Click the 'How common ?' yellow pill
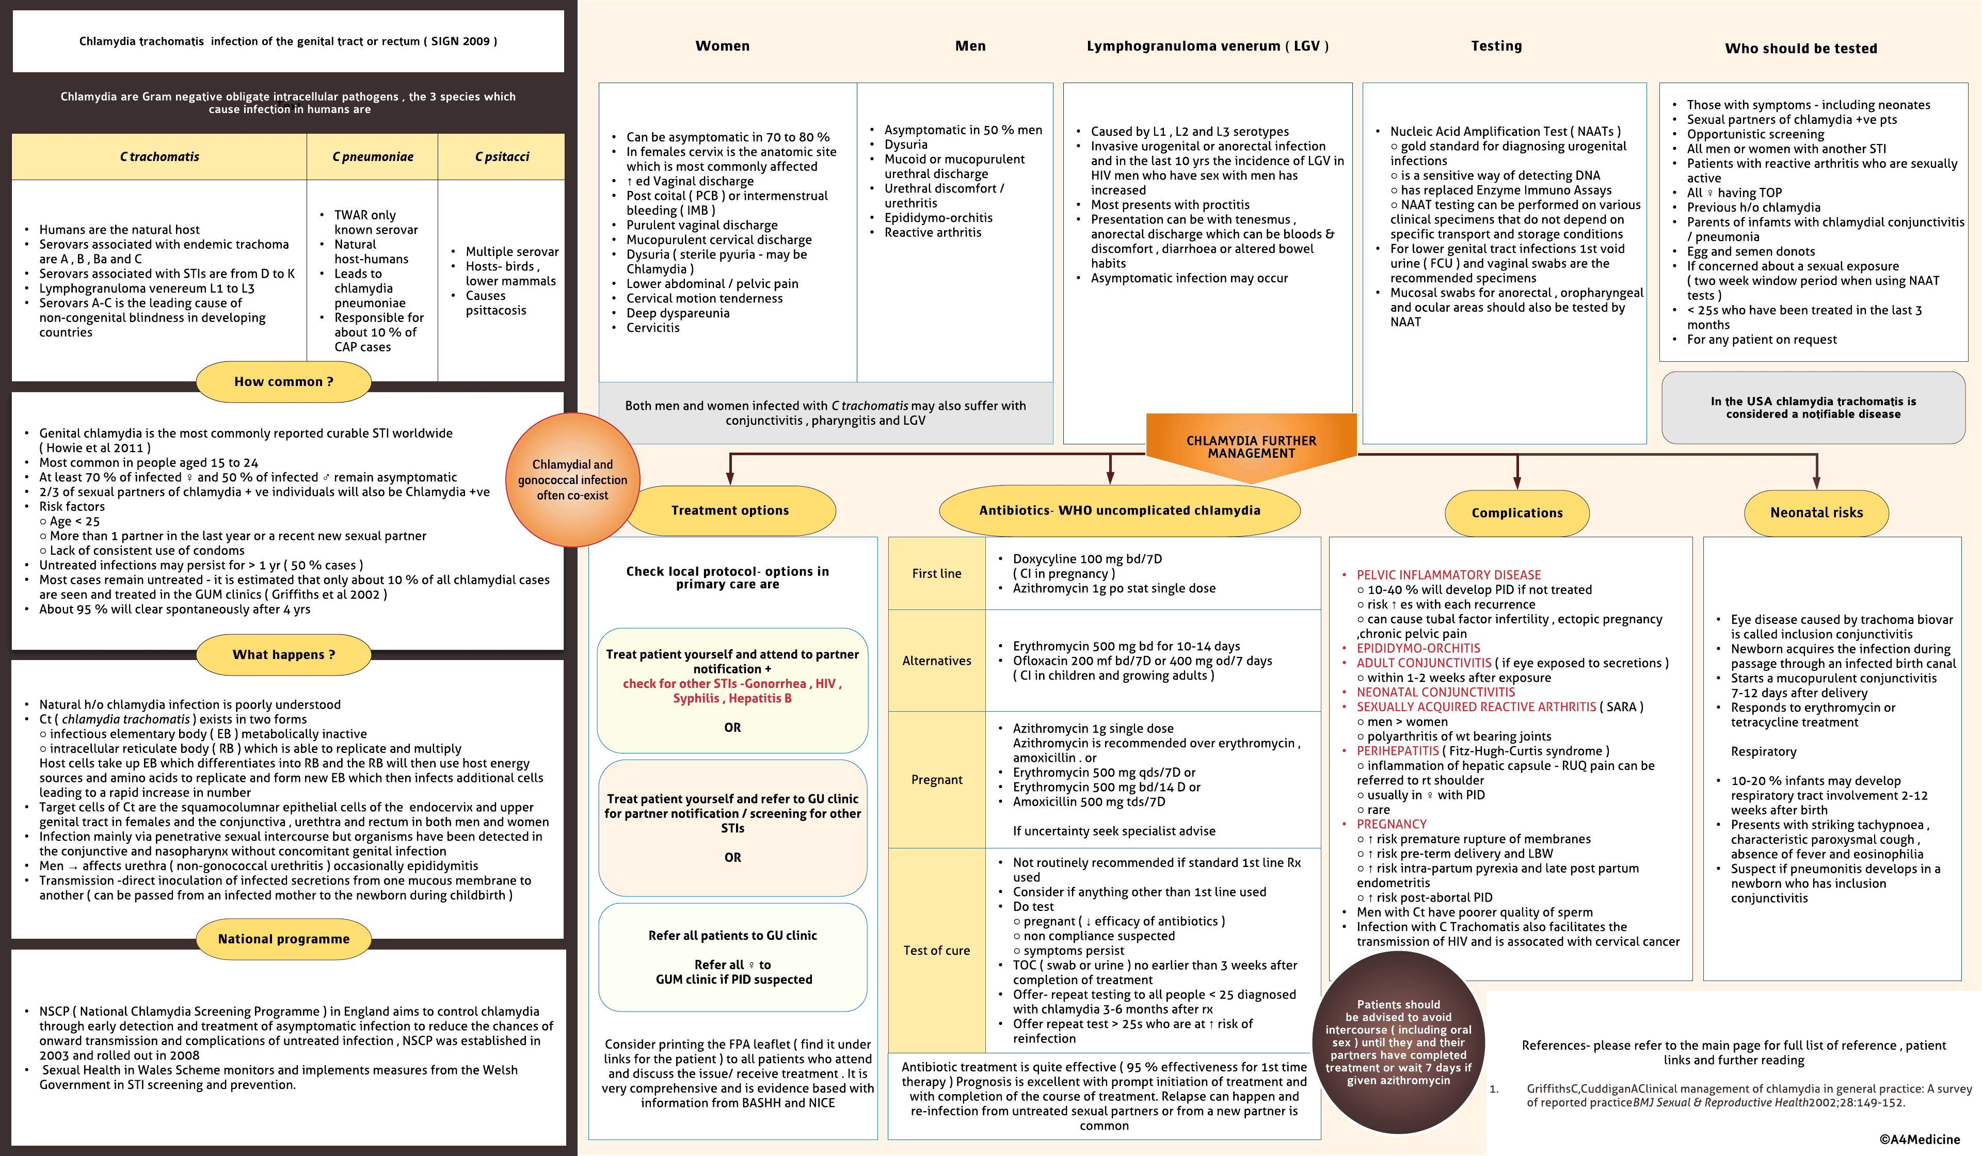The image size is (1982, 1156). pyautogui.click(x=283, y=381)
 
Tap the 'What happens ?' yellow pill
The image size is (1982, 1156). pyautogui.click(x=283, y=654)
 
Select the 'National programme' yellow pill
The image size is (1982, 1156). pyautogui.click(x=283, y=939)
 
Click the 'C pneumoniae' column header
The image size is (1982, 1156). pyautogui.click(x=372, y=156)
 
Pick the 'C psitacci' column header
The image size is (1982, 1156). pyautogui.click(x=502, y=156)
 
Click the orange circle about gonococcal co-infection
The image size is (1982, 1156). pyautogui.click(x=572, y=480)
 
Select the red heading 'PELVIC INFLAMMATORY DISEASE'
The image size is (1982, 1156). pyautogui.click(x=1448, y=575)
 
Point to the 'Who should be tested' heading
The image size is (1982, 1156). pyautogui.click(x=1800, y=49)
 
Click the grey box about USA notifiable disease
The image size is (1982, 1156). pyautogui.click(x=1813, y=407)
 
